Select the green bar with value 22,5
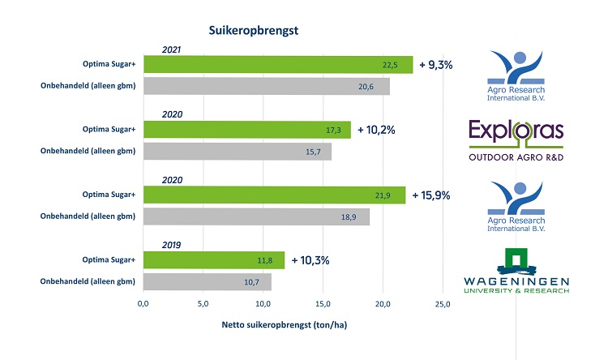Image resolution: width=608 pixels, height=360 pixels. click(x=277, y=66)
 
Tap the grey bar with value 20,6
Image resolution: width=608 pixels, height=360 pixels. click(x=266, y=87)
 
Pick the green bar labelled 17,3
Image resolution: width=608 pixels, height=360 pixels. click(x=246, y=130)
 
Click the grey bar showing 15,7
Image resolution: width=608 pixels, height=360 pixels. click(x=237, y=151)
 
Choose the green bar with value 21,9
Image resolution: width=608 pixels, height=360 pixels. click(x=274, y=195)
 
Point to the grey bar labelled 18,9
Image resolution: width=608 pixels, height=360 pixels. click(x=256, y=216)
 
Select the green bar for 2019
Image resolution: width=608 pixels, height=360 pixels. click(x=213, y=260)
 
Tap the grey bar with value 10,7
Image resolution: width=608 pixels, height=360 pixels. click(x=207, y=282)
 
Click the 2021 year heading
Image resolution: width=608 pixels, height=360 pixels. click(x=172, y=49)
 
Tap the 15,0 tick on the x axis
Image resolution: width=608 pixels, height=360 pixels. click(x=323, y=303)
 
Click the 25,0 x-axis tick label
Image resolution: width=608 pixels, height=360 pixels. click(x=443, y=303)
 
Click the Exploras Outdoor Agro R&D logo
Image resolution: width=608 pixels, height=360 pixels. click(x=515, y=139)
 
